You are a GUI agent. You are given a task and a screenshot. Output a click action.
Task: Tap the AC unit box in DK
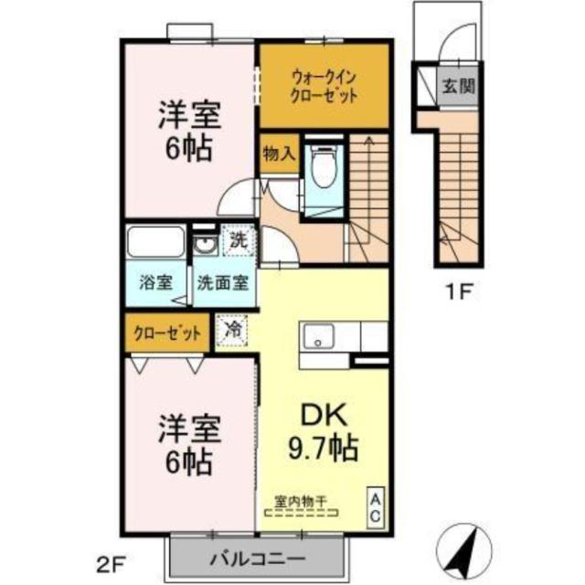(x=376, y=507)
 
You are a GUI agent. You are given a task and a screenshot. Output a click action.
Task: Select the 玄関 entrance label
(x=459, y=87)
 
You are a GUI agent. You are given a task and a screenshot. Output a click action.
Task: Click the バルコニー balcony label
(x=258, y=558)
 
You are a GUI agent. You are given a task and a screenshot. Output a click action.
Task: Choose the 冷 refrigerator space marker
(x=231, y=331)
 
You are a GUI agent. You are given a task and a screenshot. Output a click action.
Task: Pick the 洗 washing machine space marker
(x=239, y=240)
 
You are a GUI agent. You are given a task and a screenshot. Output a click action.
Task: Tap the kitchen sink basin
(x=318, y=336)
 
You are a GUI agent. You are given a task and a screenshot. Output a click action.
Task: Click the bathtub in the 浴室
(x=155, y=241)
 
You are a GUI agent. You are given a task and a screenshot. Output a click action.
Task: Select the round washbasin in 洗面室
(x=204, y=246)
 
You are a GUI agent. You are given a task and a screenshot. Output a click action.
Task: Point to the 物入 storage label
(x=280, y=154)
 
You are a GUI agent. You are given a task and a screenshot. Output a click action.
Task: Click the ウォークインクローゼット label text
(x=324, y=87)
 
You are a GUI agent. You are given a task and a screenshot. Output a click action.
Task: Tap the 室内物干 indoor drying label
(x=301, y=501)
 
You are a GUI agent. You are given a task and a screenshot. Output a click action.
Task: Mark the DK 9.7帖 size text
(x=324, y=432)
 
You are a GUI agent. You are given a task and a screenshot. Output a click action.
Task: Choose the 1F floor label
(x=458, y=292)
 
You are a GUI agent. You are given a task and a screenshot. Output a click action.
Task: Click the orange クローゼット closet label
(x=167, y=333)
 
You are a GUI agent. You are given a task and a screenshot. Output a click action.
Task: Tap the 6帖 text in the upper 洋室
(x=189, y=147)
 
